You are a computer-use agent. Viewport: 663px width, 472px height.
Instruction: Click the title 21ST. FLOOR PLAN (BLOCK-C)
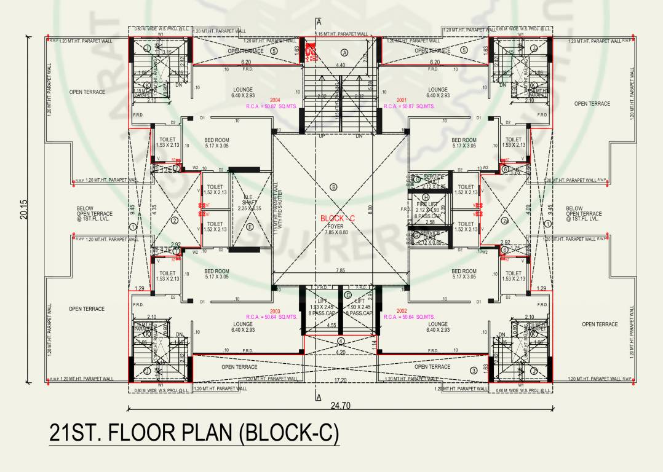click(194, 433)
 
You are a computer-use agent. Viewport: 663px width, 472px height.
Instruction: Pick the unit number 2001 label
click(402, 100)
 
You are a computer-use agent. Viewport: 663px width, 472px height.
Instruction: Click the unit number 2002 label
click(402, 311)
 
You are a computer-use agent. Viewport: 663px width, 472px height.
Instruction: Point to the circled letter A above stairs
click(344, 53)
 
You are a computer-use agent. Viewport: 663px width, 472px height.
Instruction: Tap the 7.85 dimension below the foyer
click(339, 270)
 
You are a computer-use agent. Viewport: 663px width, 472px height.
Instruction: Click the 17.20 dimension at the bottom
click(339, 382)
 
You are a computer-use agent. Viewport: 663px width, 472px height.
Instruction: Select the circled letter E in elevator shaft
click(249, 227)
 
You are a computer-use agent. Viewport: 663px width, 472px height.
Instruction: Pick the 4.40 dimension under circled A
click(340, 65)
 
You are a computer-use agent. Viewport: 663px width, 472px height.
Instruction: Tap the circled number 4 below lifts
click(341, 341)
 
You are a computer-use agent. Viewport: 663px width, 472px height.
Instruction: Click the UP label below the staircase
click(320, 135)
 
